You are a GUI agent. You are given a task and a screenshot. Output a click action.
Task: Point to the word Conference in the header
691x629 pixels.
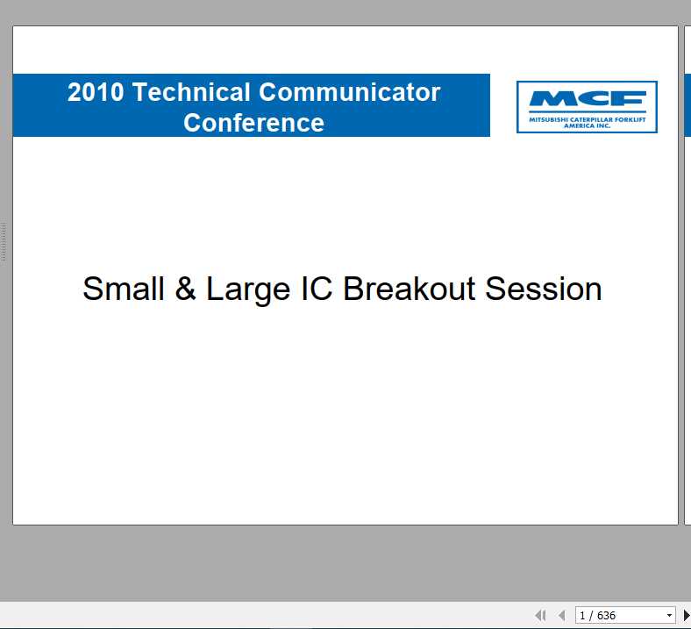[x=253, y=123]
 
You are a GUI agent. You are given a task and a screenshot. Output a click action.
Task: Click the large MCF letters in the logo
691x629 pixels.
[x=587, y=98]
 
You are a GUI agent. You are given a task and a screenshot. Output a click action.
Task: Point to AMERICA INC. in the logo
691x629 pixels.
[x=587, y=125]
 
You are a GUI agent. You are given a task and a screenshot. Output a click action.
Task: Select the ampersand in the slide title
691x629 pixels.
[x=185, y=289]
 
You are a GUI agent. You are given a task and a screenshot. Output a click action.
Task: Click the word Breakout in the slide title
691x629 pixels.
[x=410, y=289]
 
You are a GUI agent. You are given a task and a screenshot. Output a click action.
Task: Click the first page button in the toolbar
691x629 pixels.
[x=540, y=616]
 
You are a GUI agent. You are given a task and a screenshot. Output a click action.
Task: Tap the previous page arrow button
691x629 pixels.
[x=561, y=616]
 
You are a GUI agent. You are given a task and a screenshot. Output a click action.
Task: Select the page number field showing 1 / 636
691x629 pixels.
[x=618, y=616]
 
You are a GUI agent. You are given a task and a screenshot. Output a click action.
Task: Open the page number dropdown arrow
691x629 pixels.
[x=670, y=616]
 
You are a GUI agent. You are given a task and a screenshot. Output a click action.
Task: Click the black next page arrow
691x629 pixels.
[x=686, y=616]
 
